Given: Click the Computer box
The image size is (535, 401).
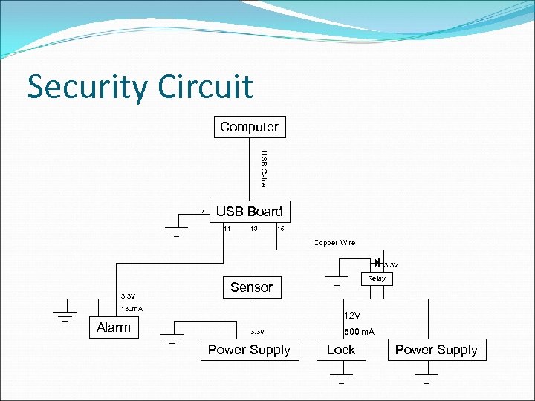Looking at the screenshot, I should point(250,127).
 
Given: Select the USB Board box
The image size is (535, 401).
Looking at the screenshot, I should point(250,212).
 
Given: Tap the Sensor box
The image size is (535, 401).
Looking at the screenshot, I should point(251,287).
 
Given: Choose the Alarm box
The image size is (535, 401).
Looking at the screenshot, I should point(114,327).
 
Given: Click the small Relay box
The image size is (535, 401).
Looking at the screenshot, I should point(377,278).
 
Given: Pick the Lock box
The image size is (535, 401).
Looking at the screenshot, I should point(341,350).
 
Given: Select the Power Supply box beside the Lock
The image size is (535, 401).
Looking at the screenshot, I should point(436,350).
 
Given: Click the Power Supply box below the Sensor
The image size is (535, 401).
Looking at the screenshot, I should point(249,350).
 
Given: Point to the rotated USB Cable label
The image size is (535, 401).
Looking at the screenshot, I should point(263,169).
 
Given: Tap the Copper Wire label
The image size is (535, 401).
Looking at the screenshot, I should point(334,243).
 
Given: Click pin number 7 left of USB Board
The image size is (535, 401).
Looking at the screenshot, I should point(202,212).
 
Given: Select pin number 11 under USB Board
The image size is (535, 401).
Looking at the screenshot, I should point(227,229).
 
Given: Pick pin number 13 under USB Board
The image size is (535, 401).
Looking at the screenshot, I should point(254,229).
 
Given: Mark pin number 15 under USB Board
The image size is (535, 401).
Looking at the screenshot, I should point(280,229).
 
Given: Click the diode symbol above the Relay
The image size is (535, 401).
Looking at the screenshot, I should point(377,263).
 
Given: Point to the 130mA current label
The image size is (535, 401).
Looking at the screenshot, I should point(132,308).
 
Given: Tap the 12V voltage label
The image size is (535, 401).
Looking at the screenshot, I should point(351,316).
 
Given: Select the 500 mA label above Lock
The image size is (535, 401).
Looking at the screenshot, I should point(359,332).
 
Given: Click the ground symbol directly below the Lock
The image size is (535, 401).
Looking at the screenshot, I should point(341,379).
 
